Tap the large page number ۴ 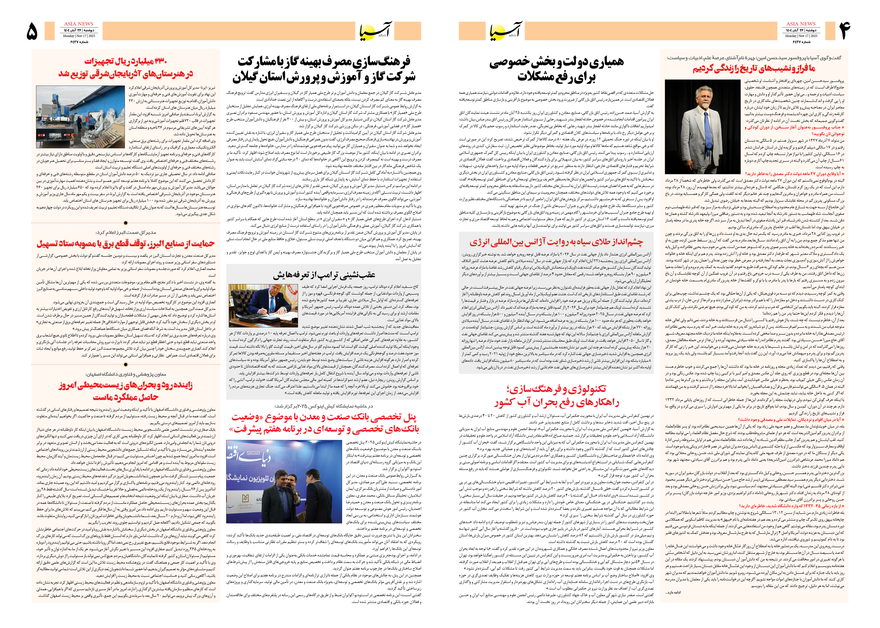(844, 31)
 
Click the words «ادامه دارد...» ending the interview (673, 592)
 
